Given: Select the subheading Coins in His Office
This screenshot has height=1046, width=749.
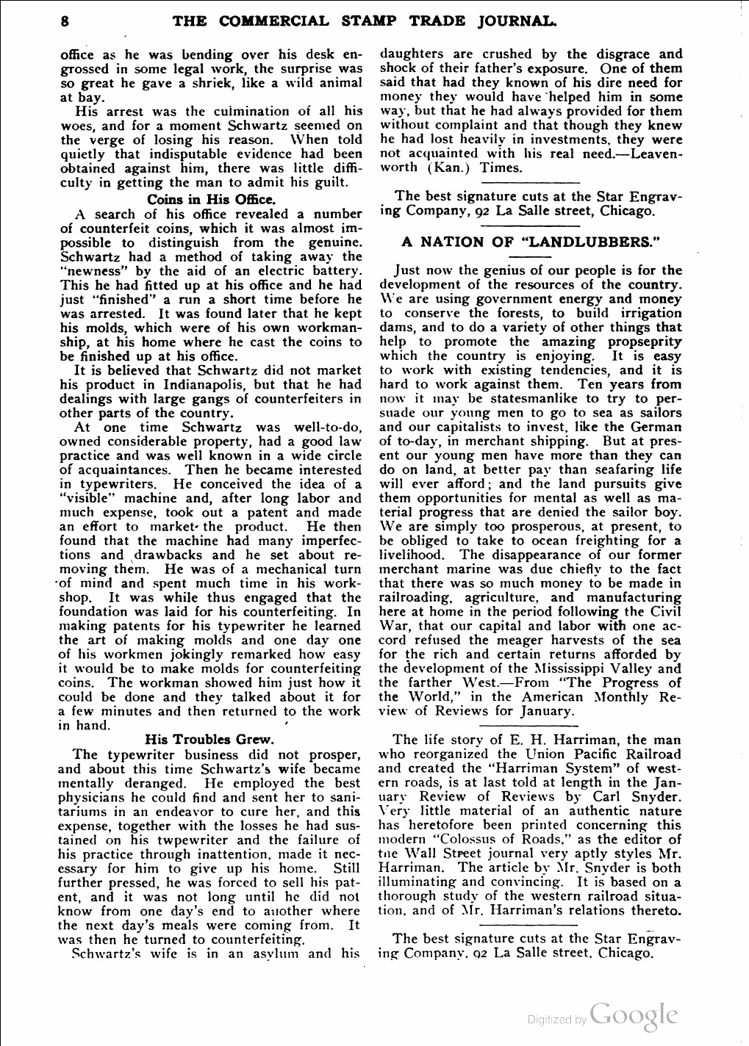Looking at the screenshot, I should pyautogui.click(x=211, y=199).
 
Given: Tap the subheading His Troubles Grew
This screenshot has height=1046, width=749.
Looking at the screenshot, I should pyautogui.click(x=210, y=740).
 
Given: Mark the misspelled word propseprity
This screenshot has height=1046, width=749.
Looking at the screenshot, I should pyautogui.click(x=645, y=342).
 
